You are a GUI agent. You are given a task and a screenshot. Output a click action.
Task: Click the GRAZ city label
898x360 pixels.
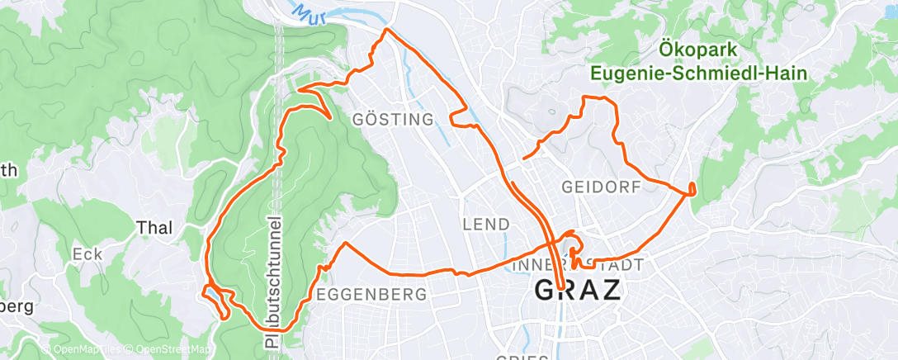[579, 291]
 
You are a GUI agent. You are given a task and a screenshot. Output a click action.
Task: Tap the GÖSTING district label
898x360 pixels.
[393, 120]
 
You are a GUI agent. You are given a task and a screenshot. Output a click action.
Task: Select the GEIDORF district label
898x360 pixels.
[601, 187]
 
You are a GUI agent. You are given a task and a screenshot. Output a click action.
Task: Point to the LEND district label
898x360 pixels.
[485, 225]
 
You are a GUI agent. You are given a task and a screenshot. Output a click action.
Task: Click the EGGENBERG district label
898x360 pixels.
[371, 294]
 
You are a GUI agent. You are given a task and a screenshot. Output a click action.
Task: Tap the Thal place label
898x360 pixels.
[154, 228]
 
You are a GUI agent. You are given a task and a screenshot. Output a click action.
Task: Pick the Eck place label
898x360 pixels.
[87, 254]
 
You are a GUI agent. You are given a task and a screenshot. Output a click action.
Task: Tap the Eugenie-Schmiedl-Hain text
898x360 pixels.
[698, 73]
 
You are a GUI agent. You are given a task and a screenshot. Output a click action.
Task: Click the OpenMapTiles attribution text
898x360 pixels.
[83, 350]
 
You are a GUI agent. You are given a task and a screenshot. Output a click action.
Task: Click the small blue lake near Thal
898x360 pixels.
[214, 293]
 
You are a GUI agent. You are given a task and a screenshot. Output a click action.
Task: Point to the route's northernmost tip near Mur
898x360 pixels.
[385, 31]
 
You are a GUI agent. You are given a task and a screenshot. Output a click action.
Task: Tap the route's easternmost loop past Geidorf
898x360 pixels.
[691, 187]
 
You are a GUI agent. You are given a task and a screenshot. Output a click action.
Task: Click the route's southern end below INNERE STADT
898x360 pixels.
[561, 287]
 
